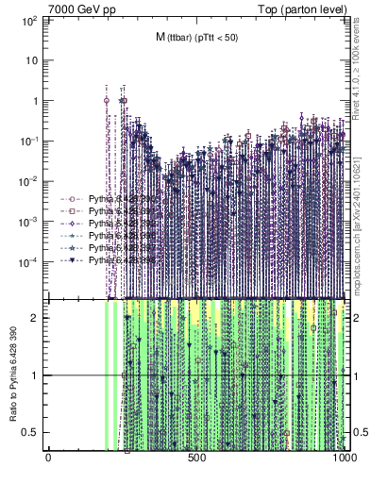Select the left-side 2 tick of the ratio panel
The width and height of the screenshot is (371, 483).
click(37, 318)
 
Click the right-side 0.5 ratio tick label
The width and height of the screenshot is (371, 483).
click(359, 432)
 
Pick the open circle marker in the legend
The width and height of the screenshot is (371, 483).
click(72, 200)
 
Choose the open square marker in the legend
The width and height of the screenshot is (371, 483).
click(72, 212)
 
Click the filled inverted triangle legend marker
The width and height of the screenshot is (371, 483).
click(72, 259)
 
